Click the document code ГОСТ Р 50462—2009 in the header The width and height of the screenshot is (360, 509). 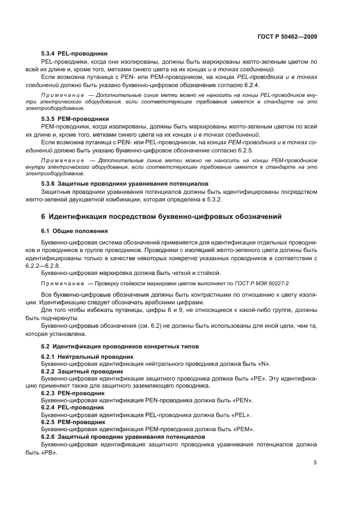point(288,36)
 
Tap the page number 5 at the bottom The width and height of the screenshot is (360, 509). point(315,462)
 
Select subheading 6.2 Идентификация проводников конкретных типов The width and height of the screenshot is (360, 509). point(120,346)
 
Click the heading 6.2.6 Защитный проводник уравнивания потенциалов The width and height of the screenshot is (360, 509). point(123,437)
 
